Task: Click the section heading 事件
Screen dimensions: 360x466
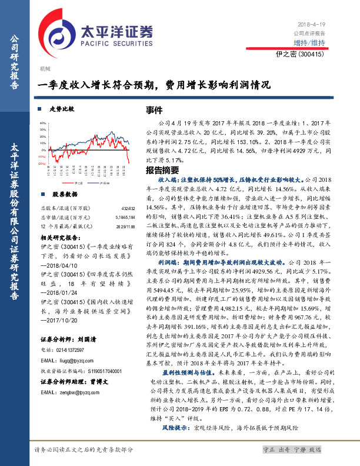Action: click(x=154, y=111)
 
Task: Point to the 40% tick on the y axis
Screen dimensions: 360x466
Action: click(x=42, y=123)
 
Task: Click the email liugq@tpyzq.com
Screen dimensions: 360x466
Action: click(x=78, y=359)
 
